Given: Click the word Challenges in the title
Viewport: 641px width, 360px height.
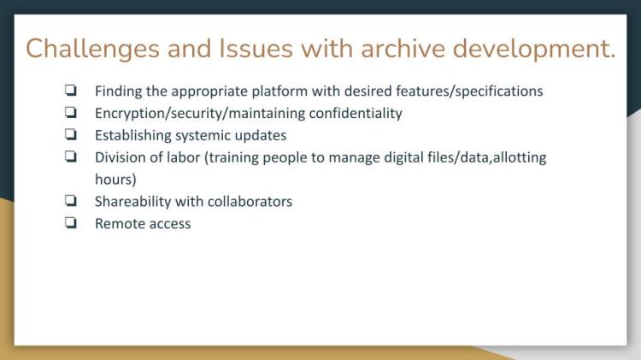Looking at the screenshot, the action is [93, 49].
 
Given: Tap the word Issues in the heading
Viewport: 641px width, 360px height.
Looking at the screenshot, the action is [256, 48].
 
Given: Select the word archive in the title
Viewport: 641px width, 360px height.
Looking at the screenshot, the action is [403, 48].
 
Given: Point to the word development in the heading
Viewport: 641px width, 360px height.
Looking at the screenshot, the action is [534, 49].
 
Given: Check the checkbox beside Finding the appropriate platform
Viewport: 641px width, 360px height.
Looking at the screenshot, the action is [71, 90].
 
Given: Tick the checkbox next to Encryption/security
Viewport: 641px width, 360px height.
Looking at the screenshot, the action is [71, 112].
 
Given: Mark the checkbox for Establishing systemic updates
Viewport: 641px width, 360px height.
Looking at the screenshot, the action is [71, 134].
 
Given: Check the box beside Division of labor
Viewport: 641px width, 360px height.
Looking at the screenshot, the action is [71, 156].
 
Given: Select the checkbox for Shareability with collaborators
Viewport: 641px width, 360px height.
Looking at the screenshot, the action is [71, 200].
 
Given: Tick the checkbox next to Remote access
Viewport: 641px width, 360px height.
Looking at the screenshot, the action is [71, 222].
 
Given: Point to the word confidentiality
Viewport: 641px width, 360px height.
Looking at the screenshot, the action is [356, 114].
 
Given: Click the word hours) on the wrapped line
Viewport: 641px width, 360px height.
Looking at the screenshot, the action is [115, 180].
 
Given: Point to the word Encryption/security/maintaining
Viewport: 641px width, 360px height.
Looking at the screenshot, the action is [200, 114].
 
